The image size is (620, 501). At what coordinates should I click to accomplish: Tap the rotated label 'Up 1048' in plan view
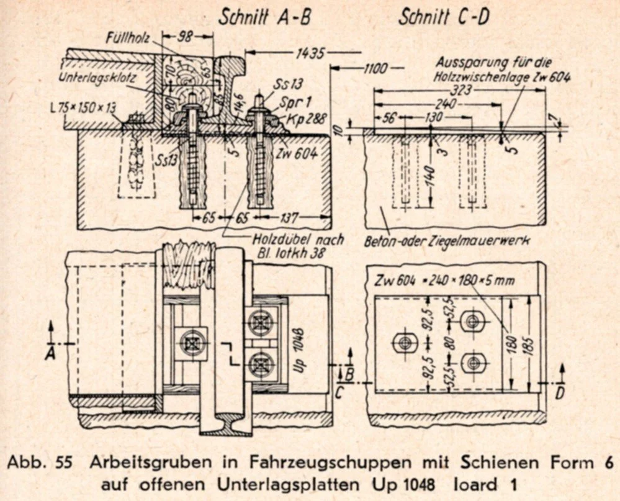299,342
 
